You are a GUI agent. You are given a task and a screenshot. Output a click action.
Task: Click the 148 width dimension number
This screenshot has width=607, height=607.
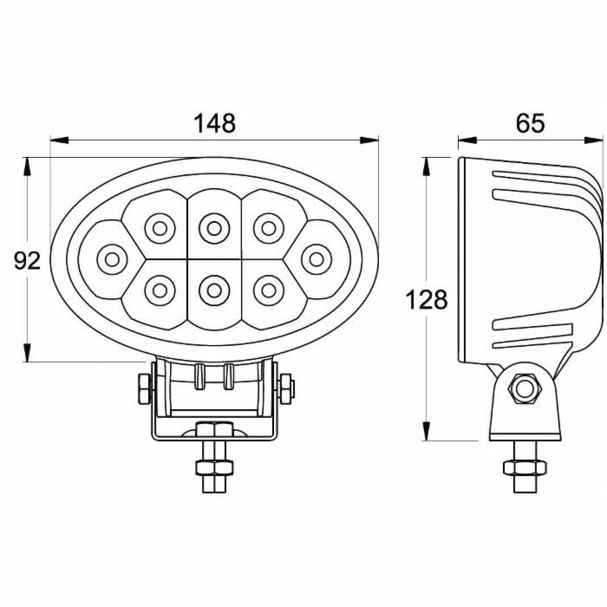(x=214, y=123)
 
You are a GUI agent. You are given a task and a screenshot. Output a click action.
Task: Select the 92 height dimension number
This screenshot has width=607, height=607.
(x=27, y=260)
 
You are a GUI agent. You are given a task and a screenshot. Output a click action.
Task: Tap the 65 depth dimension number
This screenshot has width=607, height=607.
(x=530, y=123)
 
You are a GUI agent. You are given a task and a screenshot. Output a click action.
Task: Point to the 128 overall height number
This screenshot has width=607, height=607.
(x=427, y=300)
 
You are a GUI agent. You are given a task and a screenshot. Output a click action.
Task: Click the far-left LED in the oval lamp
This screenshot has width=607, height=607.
(x=112, y=259)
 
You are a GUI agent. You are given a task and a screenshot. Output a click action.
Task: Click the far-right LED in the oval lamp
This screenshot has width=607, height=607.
(x=317, y=259)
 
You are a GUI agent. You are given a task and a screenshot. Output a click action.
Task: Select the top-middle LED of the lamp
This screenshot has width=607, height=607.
(x=214, y=229)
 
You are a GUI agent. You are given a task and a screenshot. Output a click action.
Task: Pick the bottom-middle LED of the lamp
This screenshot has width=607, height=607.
(x=214, y=290)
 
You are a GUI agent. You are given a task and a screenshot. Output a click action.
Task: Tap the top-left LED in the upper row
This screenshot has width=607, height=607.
(x=160, y=229)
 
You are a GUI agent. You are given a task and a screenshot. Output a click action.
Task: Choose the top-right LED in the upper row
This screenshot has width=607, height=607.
(x=269, y=229)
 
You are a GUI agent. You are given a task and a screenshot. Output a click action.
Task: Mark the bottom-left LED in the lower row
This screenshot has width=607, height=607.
(x=160, y=290)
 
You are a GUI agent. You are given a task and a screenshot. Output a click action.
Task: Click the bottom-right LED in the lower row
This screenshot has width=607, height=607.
(x=269, y=290)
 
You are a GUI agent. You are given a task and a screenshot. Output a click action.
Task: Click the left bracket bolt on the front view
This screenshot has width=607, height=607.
(x=145, y=388)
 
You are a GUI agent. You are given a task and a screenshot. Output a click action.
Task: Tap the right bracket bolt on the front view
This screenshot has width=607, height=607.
(x=286, y=388)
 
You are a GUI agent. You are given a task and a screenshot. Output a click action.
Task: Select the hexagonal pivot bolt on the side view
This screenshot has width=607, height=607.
(x=524, y=388)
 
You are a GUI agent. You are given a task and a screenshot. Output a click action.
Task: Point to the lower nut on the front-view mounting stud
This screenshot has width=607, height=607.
(x=214, y=467)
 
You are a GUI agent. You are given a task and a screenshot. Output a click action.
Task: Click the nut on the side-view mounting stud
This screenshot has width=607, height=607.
(x=525, y=467)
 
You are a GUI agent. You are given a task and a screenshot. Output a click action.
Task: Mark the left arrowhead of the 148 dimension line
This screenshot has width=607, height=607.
(x=59, y=140)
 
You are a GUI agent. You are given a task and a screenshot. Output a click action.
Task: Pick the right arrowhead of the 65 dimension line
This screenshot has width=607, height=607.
(x=593, y=140)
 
